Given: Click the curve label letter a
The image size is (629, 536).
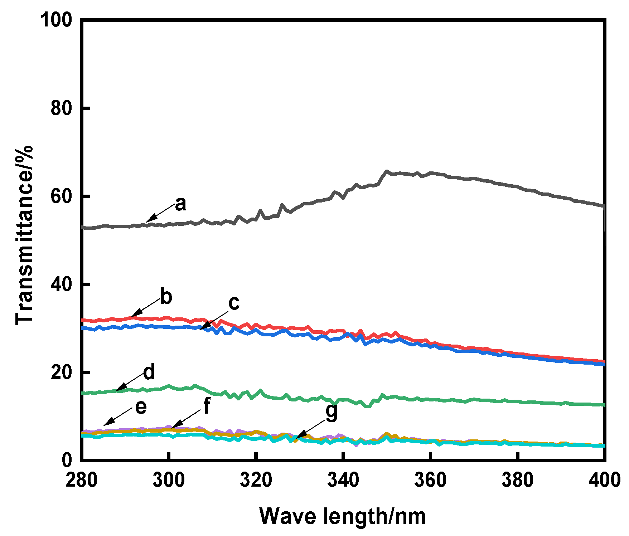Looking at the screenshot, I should point(181,204).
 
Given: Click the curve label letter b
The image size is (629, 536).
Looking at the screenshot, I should point(166,297).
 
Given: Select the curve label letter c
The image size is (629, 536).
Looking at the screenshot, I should point(234,303).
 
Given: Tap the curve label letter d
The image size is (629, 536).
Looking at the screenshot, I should point(149,372).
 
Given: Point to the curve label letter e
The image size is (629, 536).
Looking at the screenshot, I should point(141,407).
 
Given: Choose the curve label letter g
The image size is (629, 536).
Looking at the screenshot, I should point(332,412).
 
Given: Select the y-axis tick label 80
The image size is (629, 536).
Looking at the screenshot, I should point(62,108).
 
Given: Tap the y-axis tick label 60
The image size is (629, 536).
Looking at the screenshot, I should point(62,196).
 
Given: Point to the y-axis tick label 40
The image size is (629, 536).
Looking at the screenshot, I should point(62,284).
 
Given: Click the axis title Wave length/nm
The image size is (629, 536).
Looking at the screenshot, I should point(343,516).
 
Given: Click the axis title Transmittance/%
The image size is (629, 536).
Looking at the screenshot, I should point(24,235).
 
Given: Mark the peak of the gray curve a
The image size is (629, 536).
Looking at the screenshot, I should point(386,171).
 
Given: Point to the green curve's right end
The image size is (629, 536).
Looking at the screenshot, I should point(604,405).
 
